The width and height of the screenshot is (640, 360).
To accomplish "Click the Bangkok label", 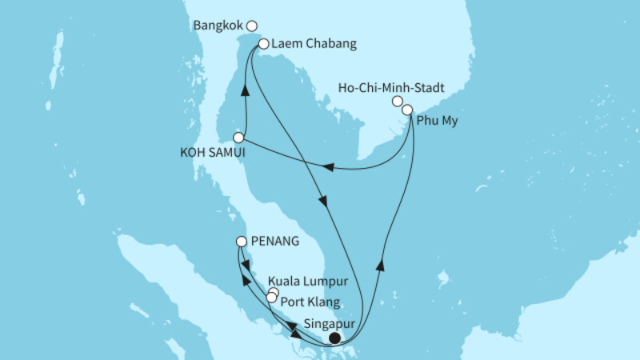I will pyautogui.click(x=218, y=26).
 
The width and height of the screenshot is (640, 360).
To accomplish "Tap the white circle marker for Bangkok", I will pyautogui.click(x=252, y=26).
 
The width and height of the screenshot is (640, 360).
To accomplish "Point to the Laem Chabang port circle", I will pyautogui.click(x=263, y=44).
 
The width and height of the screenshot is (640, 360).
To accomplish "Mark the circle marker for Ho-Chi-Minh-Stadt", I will pyautogui.click(x=397, y=101).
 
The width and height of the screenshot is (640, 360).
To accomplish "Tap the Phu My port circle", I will pyautogui.click(x=408, y=110).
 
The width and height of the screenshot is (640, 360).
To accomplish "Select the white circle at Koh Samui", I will pyautogui.click(x=238, y=138).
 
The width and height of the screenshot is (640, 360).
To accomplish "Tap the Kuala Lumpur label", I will pyautogui.click(x=308, y=282).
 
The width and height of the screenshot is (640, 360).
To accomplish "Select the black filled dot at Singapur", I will pyautogui.click(x=334, y=338).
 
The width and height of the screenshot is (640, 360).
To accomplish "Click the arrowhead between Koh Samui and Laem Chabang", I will pyautogui.click(x=246, y=90).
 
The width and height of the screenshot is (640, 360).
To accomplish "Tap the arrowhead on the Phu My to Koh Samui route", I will pyautogui.click(x=328, y=167).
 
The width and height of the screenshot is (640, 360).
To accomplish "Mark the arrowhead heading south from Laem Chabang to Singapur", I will pyautogui.click(x=323, y=202).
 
